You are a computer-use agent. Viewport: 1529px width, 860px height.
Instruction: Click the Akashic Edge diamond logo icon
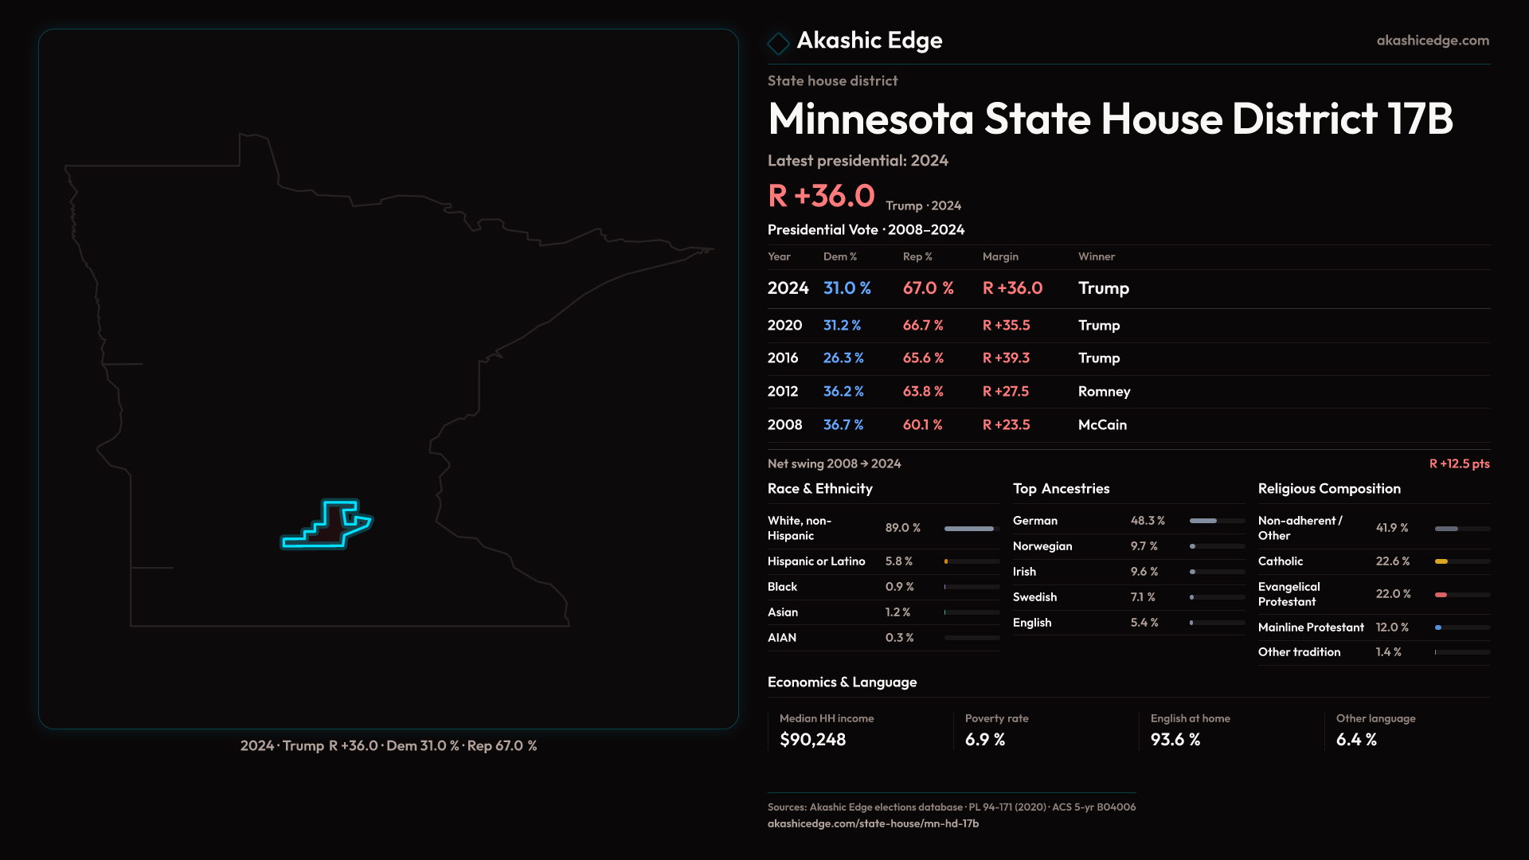click(778, 42)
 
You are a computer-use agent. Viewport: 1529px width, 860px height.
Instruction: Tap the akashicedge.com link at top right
click(1432, 41)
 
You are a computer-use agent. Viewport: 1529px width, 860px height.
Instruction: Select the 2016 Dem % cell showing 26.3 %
click(843, 358)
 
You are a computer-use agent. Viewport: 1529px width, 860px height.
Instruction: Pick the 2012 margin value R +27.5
click(1005, 392)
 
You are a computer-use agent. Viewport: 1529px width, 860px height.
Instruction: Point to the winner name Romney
click(1104, 392)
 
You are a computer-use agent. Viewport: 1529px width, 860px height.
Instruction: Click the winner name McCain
click(1102, 425)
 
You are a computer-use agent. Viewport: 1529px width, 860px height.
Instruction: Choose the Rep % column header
click(917, 256)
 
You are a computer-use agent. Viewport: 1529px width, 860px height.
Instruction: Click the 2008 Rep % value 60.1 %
click(922, 425)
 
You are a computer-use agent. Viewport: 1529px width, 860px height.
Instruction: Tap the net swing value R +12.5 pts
click(1459, 463)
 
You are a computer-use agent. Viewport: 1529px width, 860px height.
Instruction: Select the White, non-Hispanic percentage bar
click(969, 529)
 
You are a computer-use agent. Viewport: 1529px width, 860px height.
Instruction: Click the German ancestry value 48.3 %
click(1148, 521)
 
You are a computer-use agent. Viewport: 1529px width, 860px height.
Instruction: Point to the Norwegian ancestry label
click(1042, 546)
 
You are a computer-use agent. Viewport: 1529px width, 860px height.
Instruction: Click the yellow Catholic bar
click(1441, 561)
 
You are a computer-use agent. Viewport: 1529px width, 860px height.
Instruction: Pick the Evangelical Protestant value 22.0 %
click(1393, 594)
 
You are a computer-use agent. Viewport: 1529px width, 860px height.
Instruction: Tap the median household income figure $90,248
click(812, 740)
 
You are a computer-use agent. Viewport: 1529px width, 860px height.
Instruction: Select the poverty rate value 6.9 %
click(984, 740)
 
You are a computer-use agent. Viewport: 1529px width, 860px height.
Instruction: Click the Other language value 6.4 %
click(1355, 740)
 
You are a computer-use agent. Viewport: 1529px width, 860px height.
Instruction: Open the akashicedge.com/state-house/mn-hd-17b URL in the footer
click(873, 823)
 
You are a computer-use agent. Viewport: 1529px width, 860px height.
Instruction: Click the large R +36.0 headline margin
click(821, 196)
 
